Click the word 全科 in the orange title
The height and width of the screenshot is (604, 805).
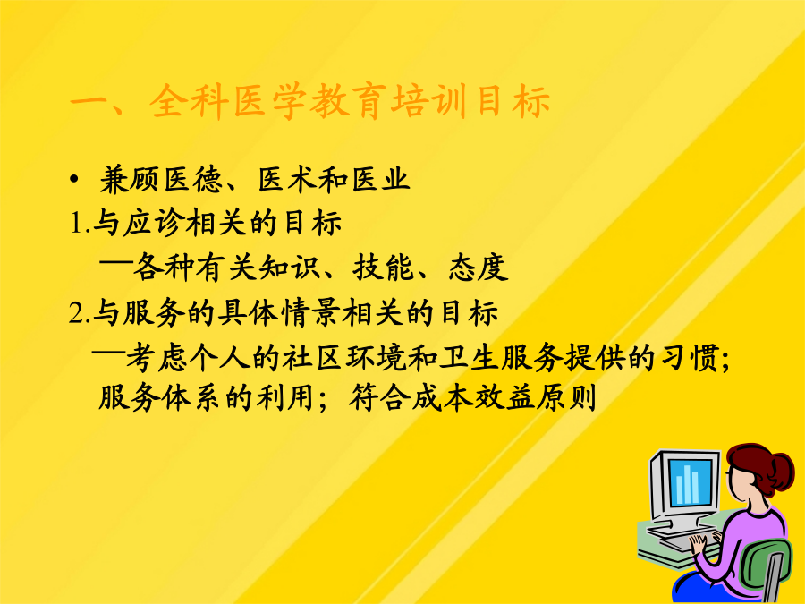(x=190, y=100)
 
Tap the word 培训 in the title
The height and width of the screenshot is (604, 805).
(x=428, y=100)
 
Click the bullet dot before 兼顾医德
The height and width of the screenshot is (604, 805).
(x=75, y=180)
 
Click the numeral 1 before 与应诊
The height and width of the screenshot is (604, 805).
(x=76, y=225)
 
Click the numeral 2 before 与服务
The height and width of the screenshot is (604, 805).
(x=76, y=313)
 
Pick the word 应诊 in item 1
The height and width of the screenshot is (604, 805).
(x=154, y=224)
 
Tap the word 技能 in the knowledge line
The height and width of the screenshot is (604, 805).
(x=383, y=268)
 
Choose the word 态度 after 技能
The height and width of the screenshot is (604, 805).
(x=479, y=268)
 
